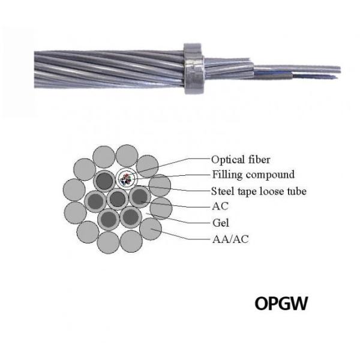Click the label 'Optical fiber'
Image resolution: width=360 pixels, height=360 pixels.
[x=241, y=160]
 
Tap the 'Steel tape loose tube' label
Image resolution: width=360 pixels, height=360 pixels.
[x=259, y=191]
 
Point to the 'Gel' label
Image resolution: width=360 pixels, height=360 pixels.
[x=219, y=223]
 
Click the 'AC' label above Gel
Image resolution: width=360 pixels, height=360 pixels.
[x=219, y=207]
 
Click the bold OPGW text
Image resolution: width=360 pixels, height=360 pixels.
[x=281, y=303]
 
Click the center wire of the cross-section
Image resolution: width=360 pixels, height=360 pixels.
[x=116, y=199]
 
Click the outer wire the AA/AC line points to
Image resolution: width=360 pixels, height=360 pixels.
[x=151, y=228]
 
